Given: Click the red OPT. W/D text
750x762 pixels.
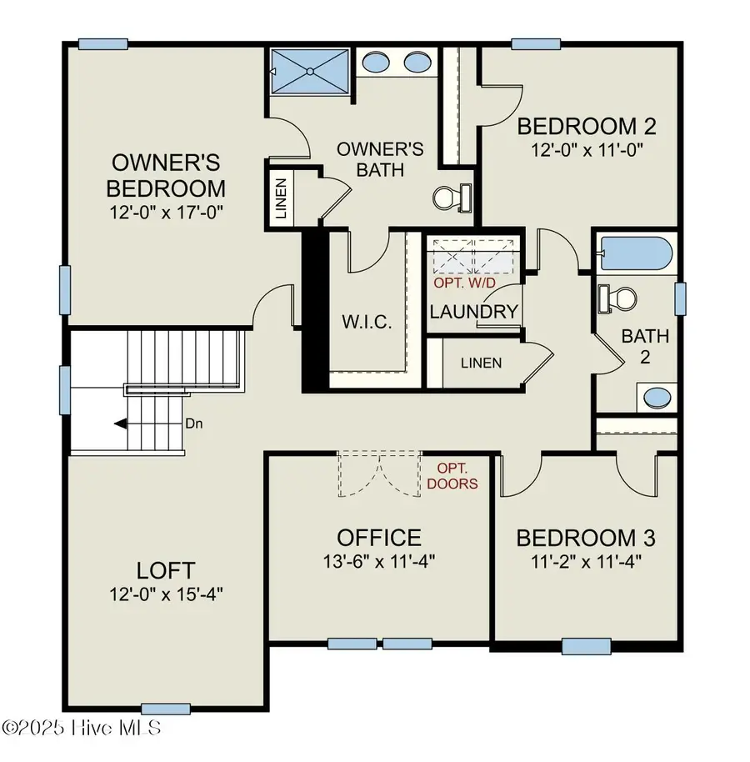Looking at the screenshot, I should click(x=464, y=283).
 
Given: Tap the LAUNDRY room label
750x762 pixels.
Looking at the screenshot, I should click(x=473, y=312).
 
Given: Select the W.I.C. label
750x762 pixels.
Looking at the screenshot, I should click(x=367, y=322).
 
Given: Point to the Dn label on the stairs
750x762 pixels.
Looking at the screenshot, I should click(x=194, y=424).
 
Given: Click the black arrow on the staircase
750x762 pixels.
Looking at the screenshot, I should click(x=121, y=424).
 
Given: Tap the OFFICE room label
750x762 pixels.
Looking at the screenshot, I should click(x=379, y=538).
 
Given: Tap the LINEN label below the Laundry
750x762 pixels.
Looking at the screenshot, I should click(x=481, y=363).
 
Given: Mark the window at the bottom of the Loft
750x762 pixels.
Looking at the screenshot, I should click(x=157, y=708).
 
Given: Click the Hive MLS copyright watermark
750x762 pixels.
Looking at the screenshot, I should click(x=81, y=727).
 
